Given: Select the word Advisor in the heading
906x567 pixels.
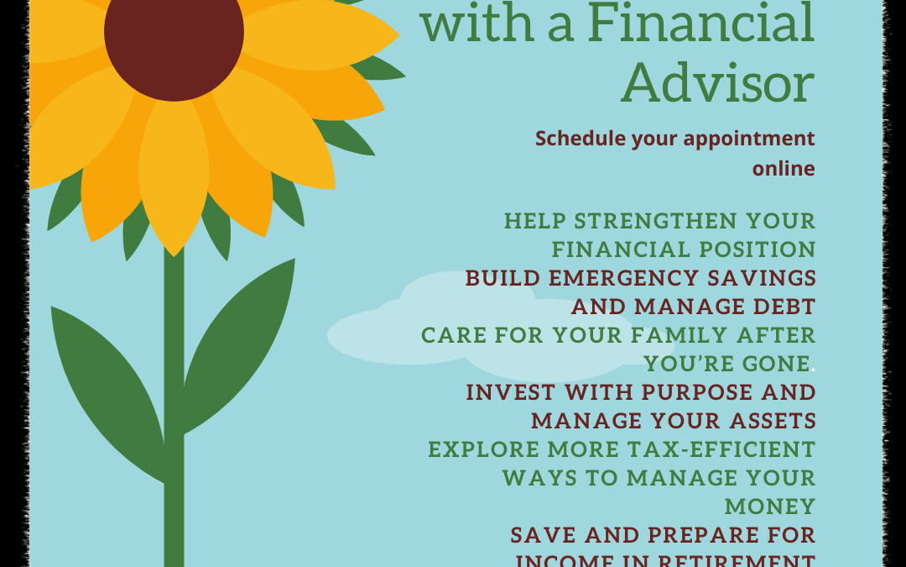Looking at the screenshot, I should click(x=718, y=84).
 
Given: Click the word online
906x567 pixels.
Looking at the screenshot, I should click(x=784, y=169).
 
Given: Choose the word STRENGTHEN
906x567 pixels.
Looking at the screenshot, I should click(x=658, y=222).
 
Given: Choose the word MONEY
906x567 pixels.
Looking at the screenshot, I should click(x=770, y=507).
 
